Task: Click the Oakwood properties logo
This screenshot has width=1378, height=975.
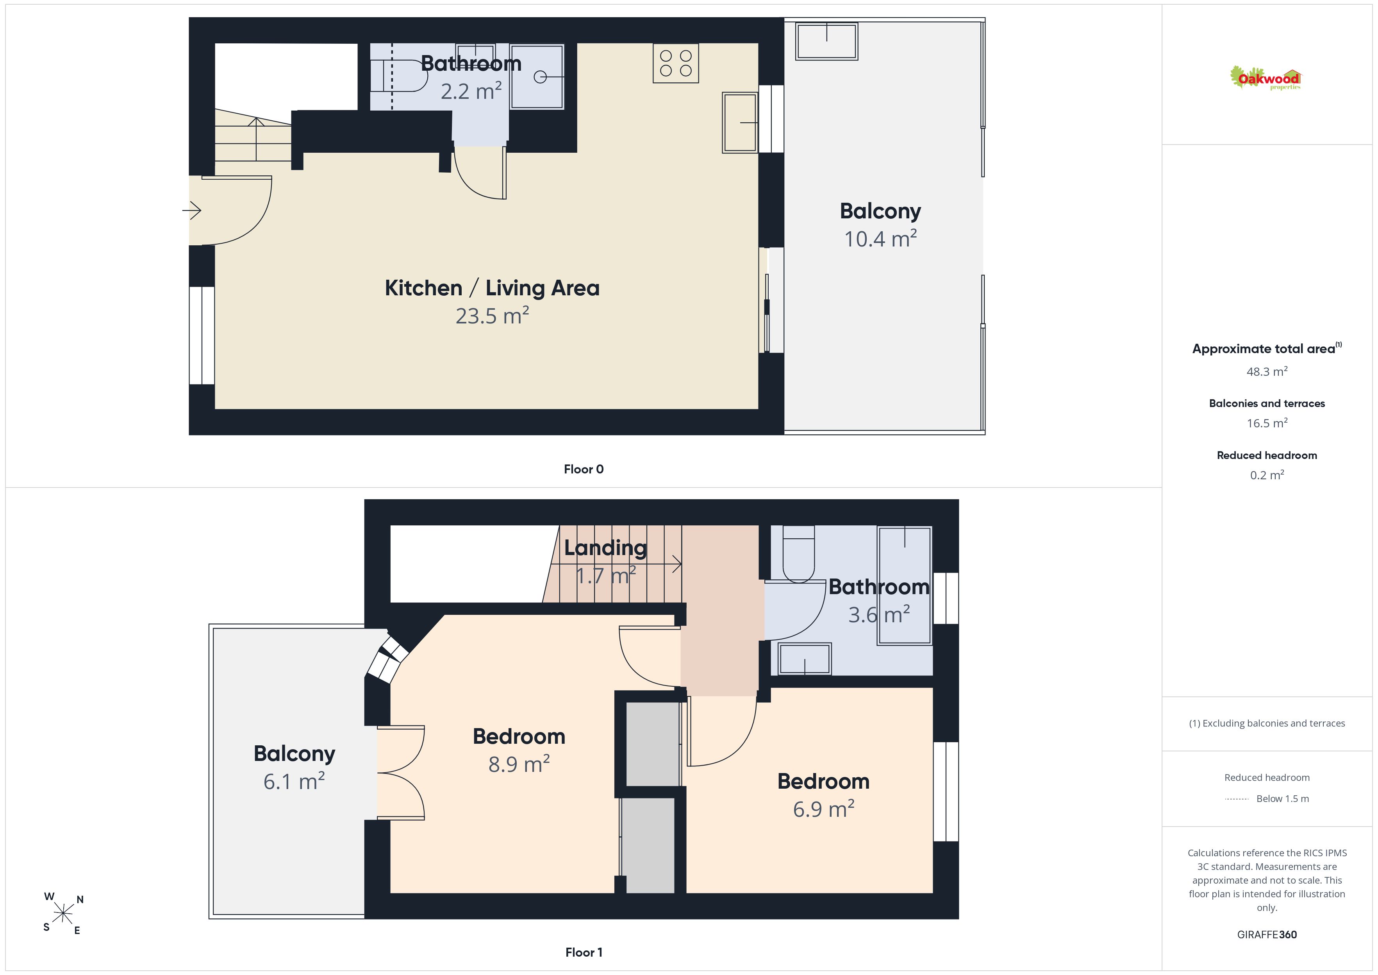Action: pyautogui.click(x=1265, y=78)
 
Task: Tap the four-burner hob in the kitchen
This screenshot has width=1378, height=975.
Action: pyautogui.click(x=676, y=63)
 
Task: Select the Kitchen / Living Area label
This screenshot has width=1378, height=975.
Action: pyautogui.click(x=492, y=288)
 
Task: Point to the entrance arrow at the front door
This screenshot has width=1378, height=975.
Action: pyautogui.click(x=191, y=211)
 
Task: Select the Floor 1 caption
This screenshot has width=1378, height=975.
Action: pyautogui.click(x=584, y=952)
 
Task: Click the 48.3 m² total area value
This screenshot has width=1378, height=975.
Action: pyautogui.click(x=1267, y=371)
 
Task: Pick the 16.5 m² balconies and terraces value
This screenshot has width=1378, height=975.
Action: pyautogui.click(x=1267, y=423)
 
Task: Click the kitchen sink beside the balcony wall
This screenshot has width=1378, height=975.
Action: pyautogui.click(x=740, y=123)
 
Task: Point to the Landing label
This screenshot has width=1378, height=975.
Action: pyautogui.click(x=605, y=548)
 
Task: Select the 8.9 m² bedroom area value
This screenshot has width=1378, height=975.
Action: pyautogui.click(x=519, y=764)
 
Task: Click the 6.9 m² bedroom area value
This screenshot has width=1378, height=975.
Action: pyautogui.click(x=823, y=809)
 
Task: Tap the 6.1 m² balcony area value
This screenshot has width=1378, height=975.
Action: pyautogui.click(x=294, y=781)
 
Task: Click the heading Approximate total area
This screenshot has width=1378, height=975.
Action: pyautogui.click(x=1264, y=349)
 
